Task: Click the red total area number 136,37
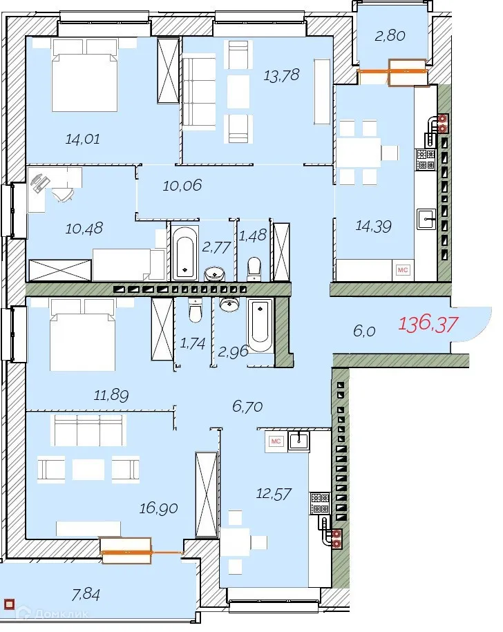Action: [428, 323]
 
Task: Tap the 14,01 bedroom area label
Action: [82, 139]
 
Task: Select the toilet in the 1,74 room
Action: [195, 312]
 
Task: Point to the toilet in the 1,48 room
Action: [254, 267]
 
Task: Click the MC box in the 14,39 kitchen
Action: [402, 270]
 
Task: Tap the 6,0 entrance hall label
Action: [364, 332]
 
